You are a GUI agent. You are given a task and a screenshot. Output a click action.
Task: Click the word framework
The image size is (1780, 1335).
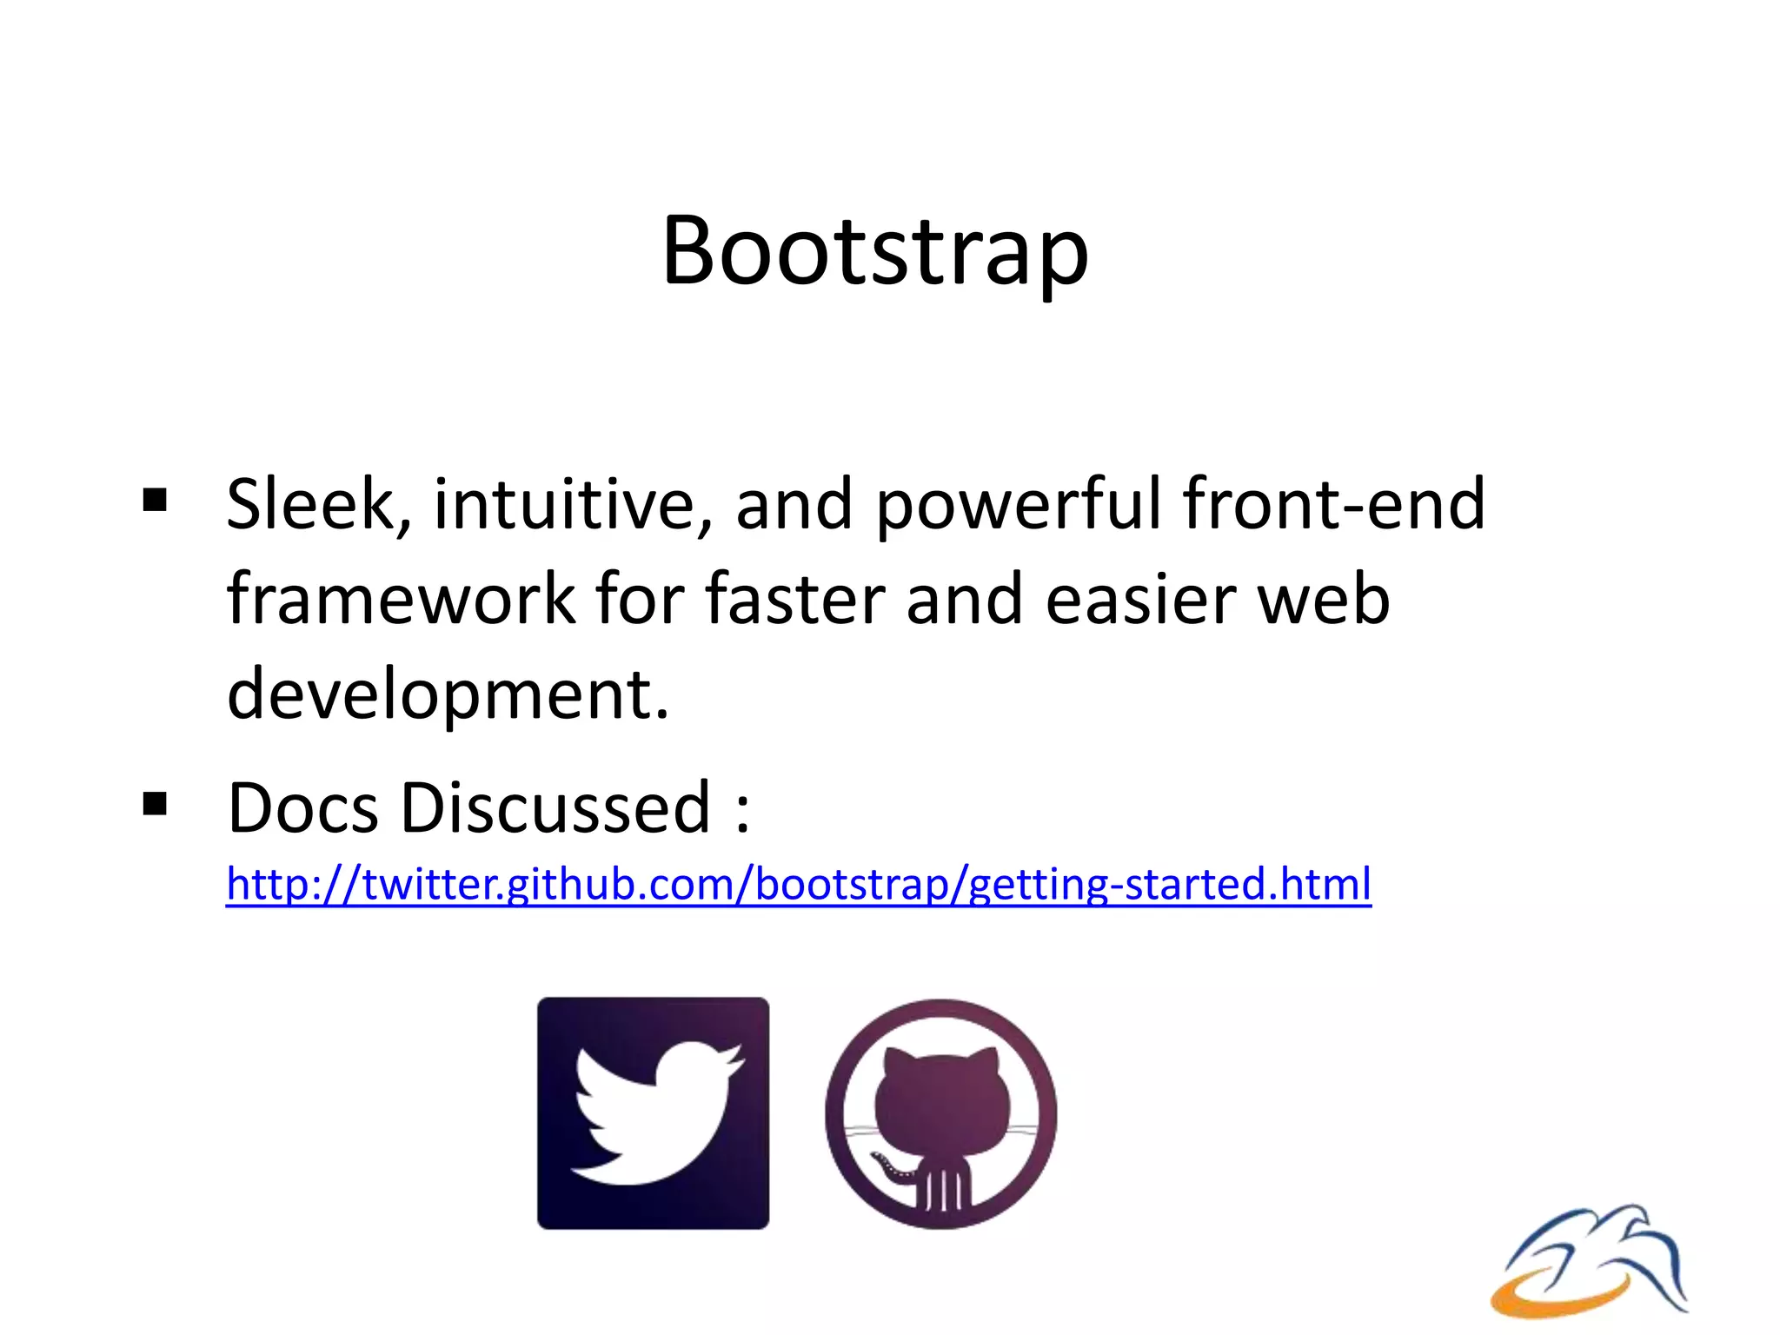(x=401, y=600)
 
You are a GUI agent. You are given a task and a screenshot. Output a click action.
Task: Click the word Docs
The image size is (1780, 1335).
(x=302, y=808)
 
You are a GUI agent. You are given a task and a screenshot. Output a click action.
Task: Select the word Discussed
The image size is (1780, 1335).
(x=555, y=808)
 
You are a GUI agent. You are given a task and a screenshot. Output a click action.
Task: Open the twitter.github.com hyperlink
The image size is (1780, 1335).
(x=798, y=885)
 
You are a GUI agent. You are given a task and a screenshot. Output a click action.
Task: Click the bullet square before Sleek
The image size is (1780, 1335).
(x=155, y=501)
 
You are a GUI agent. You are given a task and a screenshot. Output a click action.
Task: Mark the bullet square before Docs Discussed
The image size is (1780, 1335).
(x=155, y=804)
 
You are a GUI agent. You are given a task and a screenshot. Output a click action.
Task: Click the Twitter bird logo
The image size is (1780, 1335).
(x=653, y=1112)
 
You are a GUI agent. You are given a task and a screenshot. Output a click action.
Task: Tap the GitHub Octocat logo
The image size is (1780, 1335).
(x=940, y=1112)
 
